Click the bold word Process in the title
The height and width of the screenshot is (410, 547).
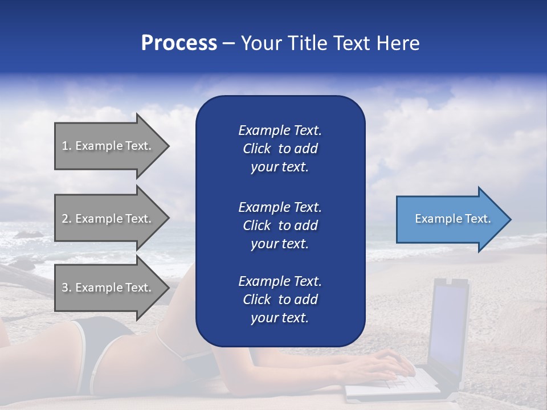pyautogui.click(x=179, y=43)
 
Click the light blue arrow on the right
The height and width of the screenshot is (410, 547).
pyautogui.click(x=450, y=219)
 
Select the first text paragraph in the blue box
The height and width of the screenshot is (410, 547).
pyautogui.click(x=280, y=149)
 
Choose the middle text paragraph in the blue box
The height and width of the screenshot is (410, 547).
pyautogui.click(x=280, y=225)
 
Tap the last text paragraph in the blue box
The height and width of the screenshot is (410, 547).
pyautogui.click(x=280, y=300)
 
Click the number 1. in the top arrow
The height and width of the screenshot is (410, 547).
pyautogui.click(x=66, y=146)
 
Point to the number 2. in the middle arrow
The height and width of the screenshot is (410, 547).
pyautogui.click(x=66, y=219)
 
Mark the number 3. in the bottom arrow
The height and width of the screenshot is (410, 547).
pyautogui.click(x=66, y=288)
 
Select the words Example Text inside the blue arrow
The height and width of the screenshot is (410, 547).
pyautogui.click(x=452, y=219)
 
